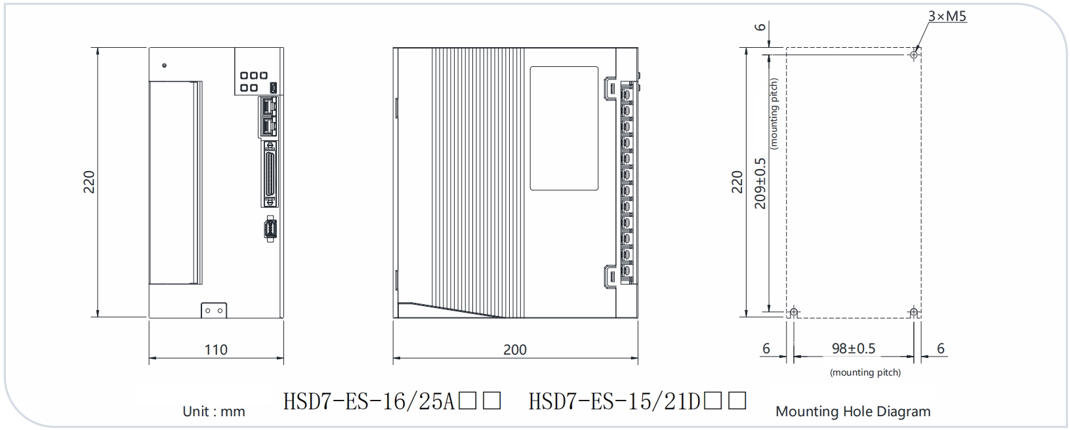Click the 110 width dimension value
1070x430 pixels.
point(216,350)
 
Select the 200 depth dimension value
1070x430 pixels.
point(515,350)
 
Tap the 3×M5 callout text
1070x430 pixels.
point(947,16)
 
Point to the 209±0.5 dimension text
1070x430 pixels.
point(760,184)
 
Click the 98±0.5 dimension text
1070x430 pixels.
point(854,348)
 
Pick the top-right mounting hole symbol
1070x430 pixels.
point(914,54)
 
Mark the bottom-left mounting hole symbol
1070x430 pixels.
point(793,313)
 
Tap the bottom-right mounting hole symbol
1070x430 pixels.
point(914,313)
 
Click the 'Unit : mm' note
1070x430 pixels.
point(213,412)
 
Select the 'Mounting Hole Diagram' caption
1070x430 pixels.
point(853,412)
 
